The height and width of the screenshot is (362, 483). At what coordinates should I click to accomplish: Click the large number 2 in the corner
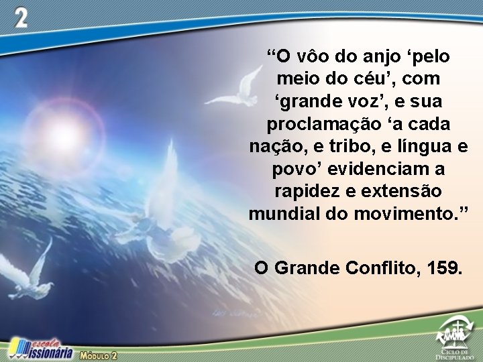[22, 19]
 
